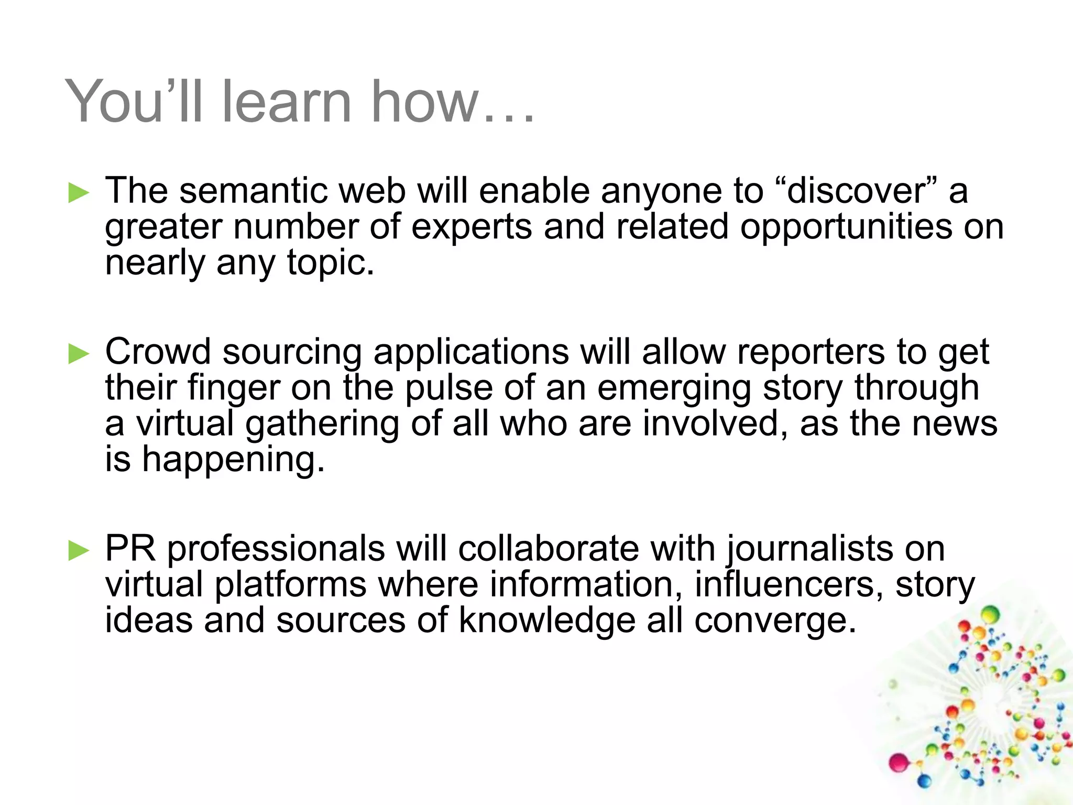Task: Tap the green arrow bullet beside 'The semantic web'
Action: pos(79,193)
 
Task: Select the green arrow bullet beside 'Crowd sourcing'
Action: pos(79,354)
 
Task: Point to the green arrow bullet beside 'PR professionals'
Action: pos(79,551)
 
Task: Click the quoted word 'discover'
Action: pos(856,191)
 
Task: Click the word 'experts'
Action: pos(471,227)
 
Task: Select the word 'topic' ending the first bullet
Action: pos(330,263)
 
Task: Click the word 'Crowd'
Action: pos(158,352)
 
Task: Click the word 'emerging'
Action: pos(674,389)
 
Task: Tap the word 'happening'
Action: pos(233,460)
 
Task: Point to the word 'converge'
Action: pos(775,622)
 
